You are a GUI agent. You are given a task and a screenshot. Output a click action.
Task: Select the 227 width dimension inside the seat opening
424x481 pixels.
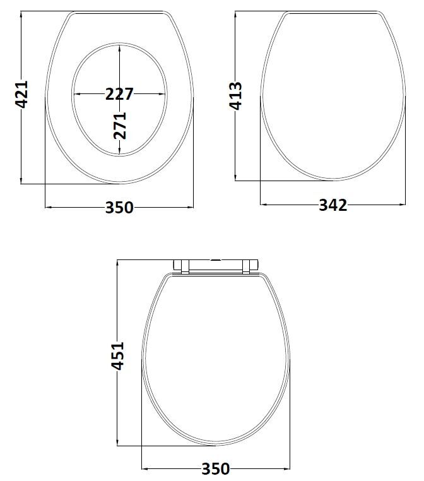[119, 94]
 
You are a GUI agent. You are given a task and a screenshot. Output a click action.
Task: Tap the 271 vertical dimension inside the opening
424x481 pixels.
[120, 125]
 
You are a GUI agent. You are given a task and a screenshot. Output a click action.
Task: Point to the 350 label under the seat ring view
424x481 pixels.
[119, 207]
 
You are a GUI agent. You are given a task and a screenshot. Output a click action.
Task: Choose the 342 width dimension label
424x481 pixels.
[333, 205]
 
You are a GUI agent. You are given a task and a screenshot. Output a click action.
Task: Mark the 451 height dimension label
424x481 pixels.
[119, 358]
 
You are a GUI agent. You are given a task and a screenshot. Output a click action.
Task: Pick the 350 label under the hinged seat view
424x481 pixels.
[216, 468]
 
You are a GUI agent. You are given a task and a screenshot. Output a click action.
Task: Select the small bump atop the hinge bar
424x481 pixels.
[216, 259]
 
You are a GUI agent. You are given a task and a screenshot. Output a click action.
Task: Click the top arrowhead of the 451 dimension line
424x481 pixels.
[119, 263]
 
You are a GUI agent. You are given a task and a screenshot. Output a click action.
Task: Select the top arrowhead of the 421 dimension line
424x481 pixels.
[22, 15]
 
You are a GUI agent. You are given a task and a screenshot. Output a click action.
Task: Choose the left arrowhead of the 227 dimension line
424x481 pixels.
[77, 94]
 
